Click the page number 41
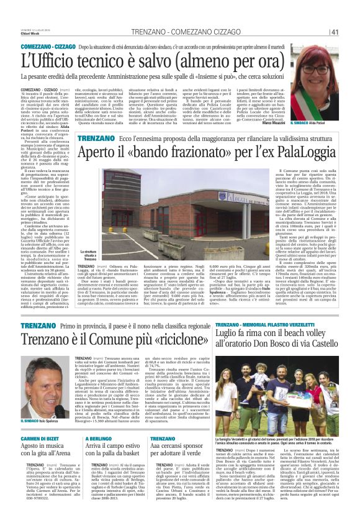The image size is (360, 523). pos(334,33)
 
